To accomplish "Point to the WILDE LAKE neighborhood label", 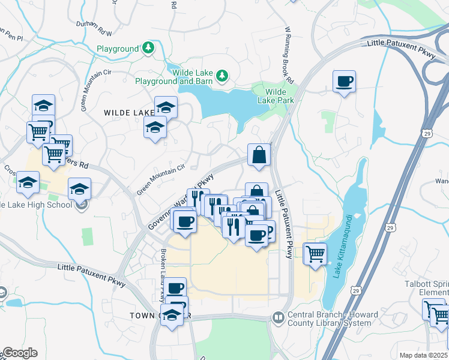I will click(129, 113).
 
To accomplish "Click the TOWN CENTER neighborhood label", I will click(159, 315).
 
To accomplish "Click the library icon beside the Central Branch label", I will click(277, 317).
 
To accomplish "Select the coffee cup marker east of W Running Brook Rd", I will click(345, 82).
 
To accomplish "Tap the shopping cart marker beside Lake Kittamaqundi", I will click(315, 254).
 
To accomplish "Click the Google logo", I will click(19, 353).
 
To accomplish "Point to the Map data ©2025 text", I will click(423, 355).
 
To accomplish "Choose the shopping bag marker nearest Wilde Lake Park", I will click(259, 155).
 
